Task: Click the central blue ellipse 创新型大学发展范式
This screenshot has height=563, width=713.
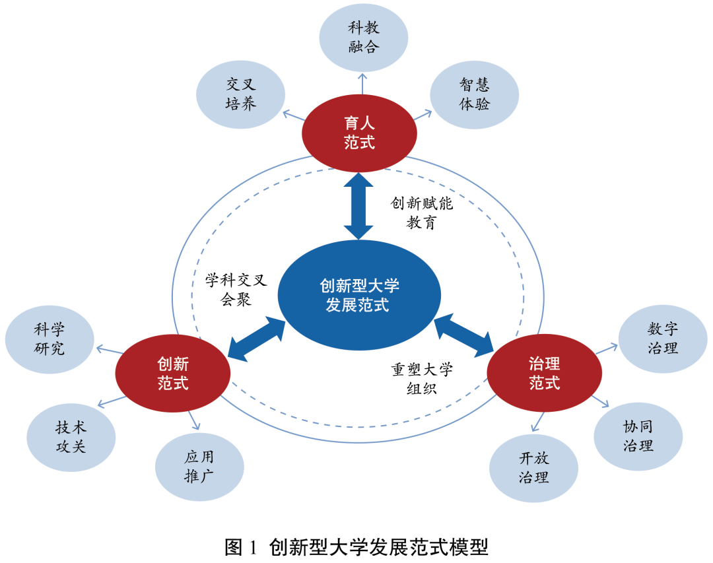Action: coord(358,295)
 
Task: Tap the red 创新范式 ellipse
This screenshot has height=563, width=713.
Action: coord(173,373)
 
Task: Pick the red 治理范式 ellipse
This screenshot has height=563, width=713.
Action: coord(544,373)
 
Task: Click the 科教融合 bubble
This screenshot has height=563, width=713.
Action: coord(364,37)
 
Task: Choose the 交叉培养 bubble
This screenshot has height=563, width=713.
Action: coord(241,94)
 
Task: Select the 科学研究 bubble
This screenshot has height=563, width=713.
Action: coord(50,339)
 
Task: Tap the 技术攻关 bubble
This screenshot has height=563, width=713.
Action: coord(71,436)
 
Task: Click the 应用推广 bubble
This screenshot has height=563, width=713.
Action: coord(199,467)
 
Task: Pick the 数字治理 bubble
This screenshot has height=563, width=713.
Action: coord(663,338)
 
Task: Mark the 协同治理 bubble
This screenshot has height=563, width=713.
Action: coord(638,436)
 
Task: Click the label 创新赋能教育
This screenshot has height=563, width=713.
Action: coord(421,213)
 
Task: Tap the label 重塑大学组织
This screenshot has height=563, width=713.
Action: coord(421,378)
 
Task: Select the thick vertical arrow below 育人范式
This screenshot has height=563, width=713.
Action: coord(359,205)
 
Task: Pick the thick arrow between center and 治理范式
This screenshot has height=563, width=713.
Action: coord(464,335)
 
